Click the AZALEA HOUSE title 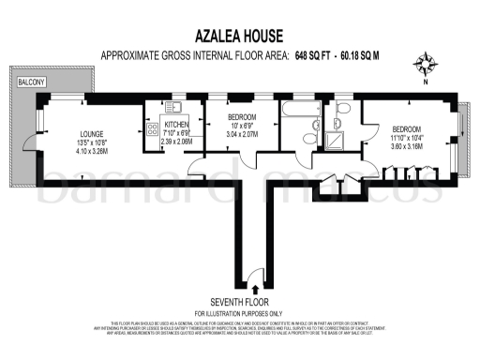[x=238, y=37]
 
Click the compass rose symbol [x=426, y=65]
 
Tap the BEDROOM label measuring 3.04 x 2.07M [x=241, y=117]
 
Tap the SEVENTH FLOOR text [x=239, y=303]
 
